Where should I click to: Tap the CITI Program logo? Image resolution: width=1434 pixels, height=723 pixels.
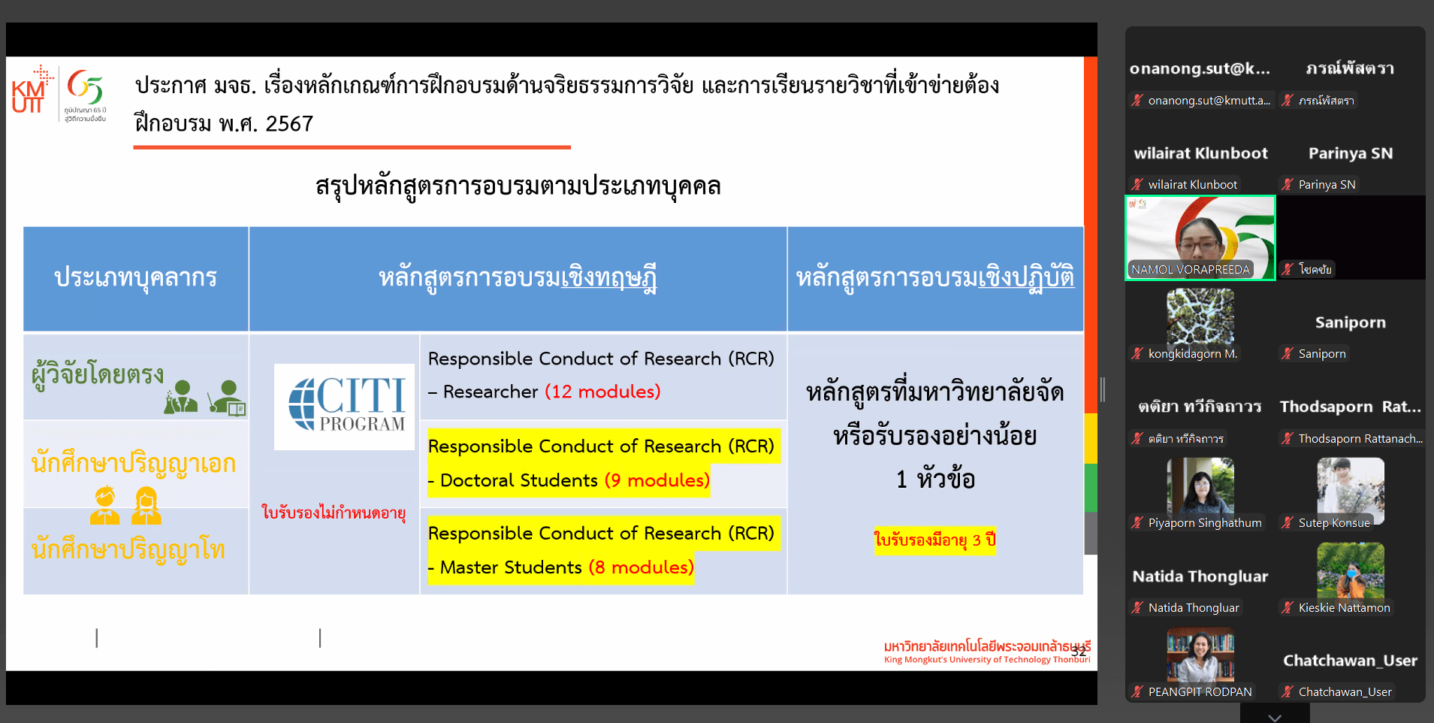click(x=344, y=407)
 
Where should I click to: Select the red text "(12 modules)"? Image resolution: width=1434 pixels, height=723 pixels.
click(x=602, y=392)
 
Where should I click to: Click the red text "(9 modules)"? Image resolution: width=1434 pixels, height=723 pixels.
click(x=657, y=480)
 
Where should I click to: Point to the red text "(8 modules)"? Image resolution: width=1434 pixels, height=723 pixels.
click(x=641, y=567)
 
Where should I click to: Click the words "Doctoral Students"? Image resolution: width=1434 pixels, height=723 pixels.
click(x=519, y=480)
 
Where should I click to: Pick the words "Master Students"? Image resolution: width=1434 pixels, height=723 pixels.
click(x=511, y=567)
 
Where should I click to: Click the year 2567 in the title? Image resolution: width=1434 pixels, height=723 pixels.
click(x=289, y=124)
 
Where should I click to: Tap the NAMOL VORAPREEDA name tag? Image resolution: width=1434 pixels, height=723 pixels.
click(x=1191, y=269)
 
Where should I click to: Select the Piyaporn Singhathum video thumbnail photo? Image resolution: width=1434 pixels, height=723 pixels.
click(x=1200, y=486)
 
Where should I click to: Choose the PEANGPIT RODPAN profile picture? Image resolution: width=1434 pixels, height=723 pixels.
click(x=1200, y=655)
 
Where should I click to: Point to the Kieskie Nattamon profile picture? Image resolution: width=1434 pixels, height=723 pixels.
click(x=1351, y=570)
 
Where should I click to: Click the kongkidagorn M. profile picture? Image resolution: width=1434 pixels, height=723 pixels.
click(x=1200, y=316)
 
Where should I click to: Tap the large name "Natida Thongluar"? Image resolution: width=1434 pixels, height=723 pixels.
click(x=1200, y=576)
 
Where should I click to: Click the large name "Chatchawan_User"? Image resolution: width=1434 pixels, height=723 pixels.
click(x=1351, y=661)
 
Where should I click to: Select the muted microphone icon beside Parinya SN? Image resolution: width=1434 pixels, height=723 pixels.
click(x=1288, y=184)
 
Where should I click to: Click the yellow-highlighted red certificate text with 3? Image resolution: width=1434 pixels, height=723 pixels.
click(x=935, y=540)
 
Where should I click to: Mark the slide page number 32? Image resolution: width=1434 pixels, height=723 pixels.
click(x=1079, y=651)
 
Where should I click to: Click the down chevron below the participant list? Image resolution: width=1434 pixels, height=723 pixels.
click(x=1275, y=717)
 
